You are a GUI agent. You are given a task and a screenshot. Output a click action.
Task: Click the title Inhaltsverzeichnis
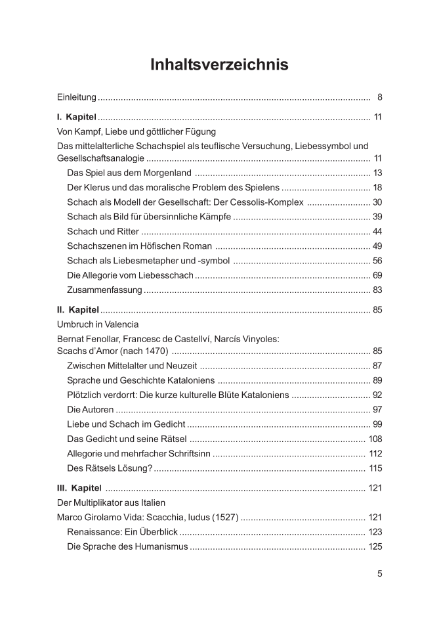[219, 65]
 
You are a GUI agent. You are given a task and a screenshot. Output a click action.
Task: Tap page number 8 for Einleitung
[379, 98]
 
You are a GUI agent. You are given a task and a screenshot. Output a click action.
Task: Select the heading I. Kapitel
[77, 118]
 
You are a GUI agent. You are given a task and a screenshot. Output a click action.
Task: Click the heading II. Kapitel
[78, 309]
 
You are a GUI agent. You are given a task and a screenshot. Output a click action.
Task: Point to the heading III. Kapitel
[79, 488]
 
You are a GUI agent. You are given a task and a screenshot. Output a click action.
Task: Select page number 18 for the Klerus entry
[377, 188]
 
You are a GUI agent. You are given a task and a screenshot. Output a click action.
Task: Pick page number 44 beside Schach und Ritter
[377, 232]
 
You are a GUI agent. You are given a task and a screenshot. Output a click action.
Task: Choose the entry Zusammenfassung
[104, 290]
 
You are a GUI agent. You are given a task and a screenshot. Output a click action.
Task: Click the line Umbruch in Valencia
[98, 324]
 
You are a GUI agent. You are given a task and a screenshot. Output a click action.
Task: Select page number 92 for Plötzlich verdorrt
[377, 395]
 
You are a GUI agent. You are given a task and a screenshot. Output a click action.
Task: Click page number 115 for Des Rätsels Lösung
[375, 468]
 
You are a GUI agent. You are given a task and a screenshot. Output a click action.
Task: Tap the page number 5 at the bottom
[379, 573]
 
